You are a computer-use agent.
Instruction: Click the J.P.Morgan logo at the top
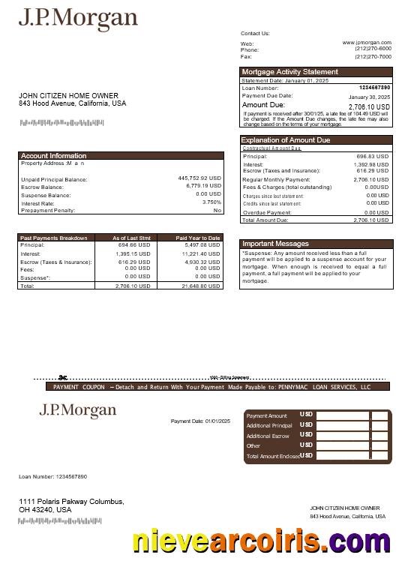pyautogui.click(x=78, y=19)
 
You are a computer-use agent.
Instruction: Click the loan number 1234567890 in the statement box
pyautogui.click(x=374, y=88)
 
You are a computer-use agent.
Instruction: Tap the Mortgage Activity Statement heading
pyautogui.click(x=289, y=72)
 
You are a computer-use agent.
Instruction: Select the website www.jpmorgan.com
pyautogui.click(x=367, y=43)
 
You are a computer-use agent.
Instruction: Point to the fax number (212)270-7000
pyautogui.click(x=373, y=56)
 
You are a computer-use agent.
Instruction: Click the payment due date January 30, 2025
pyautogui.click(x=369, y=97)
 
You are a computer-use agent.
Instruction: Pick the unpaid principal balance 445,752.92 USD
pyautogui.click(x=199, y=178)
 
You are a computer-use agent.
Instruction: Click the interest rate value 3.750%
pyautogui.click(x=211, y=202)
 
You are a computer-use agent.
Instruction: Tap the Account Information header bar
pyautogui.click(x=53, y=156)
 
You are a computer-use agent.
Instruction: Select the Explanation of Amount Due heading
pyautogui.click(x=285, y=140)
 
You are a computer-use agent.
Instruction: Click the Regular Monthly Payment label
pyautogui.click(x=276, y=180)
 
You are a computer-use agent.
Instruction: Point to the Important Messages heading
pyautogui.click(x=275, y=244)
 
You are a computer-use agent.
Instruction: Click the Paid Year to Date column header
pyautogui.click(x=198, y=238)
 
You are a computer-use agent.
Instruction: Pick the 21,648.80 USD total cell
pyautogui.click(x=200, y=286)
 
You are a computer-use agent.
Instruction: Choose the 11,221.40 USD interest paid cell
pyautogui.click(x=200, y=253)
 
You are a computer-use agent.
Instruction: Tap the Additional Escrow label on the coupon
pyautogui.click(x=268, y=436)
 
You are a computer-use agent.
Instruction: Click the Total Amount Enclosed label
pyautogui.click(x=273, y=456)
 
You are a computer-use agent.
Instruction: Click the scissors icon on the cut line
pyautogui.click(x=64, y=378)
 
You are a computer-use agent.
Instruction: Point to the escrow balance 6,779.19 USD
pyautogui.click(x=203, y=186)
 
